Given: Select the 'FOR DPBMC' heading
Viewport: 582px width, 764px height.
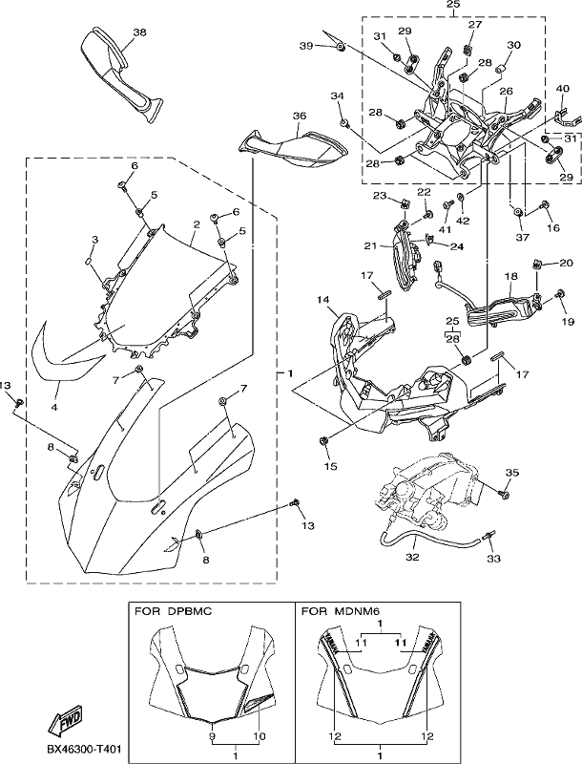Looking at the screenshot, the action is coord(173,611).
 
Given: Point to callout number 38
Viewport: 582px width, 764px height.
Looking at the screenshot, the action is coord(139,32).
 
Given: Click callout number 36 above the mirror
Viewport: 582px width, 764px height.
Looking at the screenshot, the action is coord(300,116).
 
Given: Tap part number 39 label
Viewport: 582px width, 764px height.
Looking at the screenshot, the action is coord(306,45).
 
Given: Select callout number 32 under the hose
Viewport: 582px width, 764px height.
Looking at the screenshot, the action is coord(412,557).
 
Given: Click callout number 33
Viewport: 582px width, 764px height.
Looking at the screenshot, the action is coord(493,559).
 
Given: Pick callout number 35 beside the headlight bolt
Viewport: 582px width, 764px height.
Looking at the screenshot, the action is coord(512,472).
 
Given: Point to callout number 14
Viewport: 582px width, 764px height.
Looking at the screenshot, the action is coord(323,300).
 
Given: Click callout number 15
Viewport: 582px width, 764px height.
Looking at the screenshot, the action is coord(330,466).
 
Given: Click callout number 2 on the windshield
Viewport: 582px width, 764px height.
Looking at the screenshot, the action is coord(197,224).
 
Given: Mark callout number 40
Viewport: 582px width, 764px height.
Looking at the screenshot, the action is coord(563,88).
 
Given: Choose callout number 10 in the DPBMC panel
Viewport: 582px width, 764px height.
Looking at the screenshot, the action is coord(260,736).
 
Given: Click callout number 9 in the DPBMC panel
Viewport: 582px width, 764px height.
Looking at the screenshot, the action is coord(212,736).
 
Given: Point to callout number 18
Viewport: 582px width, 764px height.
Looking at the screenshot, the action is coord(510,276).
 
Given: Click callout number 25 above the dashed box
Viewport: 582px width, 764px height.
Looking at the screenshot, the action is coord(453,5).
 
